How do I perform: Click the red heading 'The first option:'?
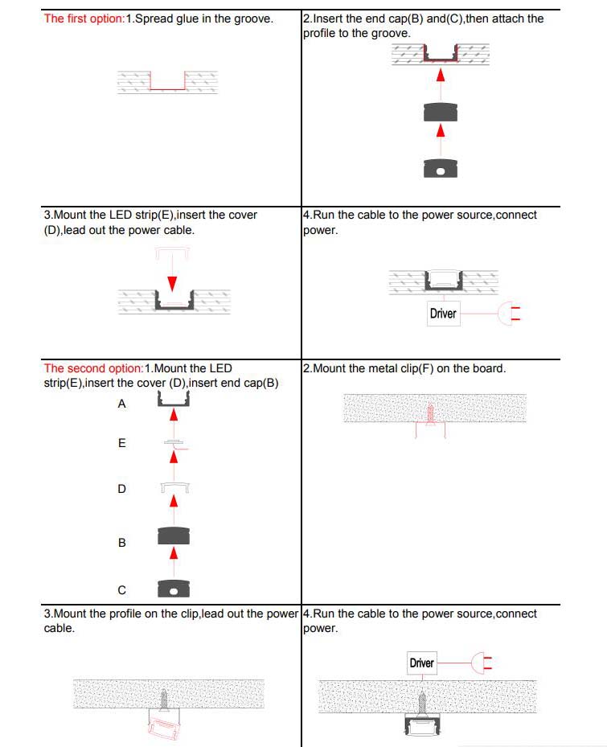[84, 18]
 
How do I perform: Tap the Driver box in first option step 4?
[443, 313]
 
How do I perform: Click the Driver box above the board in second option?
[421, 663]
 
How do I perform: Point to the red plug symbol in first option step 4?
[510, 313]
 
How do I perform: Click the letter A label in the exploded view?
[122, 404]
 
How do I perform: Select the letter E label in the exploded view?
[122, 443]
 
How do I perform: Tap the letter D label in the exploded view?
[122, 489]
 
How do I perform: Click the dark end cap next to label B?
[173, 535]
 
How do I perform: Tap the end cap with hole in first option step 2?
[440, 168]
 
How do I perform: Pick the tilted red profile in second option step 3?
[166, 727]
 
